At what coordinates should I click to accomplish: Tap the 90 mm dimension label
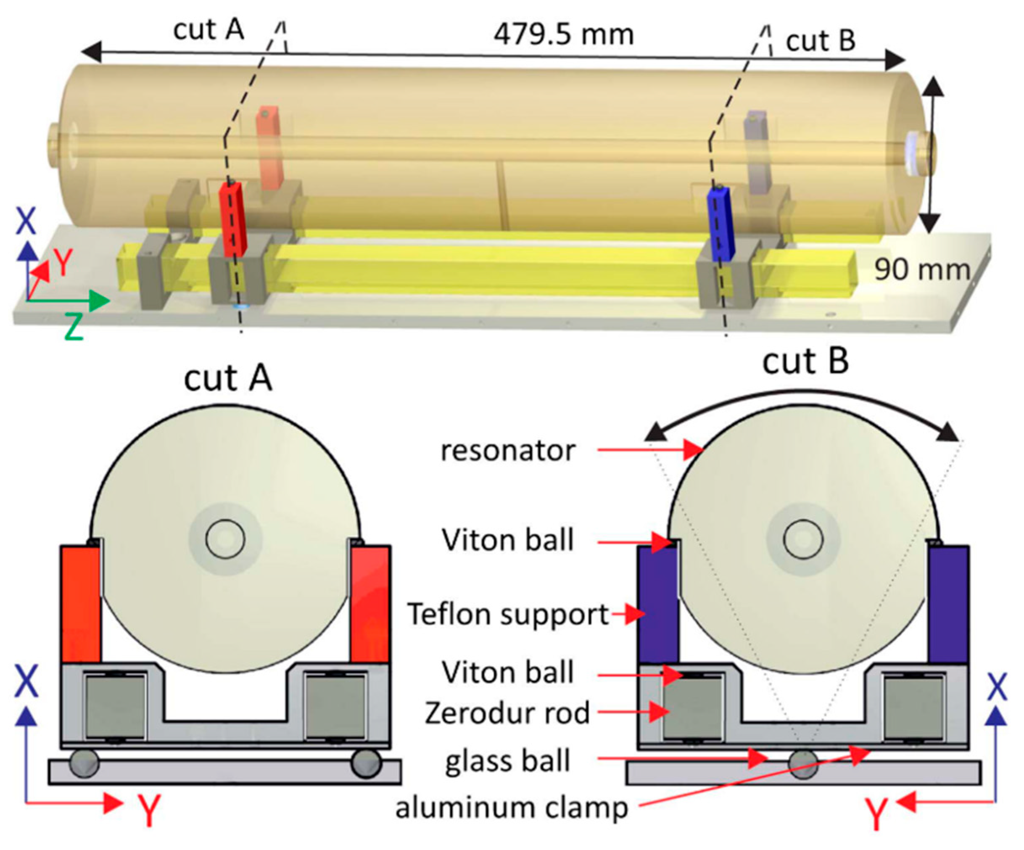921,270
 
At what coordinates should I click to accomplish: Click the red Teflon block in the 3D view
233,219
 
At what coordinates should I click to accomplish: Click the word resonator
508,451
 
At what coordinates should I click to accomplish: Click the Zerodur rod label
507,713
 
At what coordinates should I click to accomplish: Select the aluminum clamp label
511,808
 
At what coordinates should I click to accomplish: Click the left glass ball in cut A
84,764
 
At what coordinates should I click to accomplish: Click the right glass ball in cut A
366,764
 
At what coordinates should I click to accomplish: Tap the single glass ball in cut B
803,764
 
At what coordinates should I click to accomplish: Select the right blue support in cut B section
948,605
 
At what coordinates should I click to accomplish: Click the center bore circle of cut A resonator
225,540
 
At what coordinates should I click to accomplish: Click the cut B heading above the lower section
805,362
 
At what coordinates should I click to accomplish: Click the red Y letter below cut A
148,810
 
